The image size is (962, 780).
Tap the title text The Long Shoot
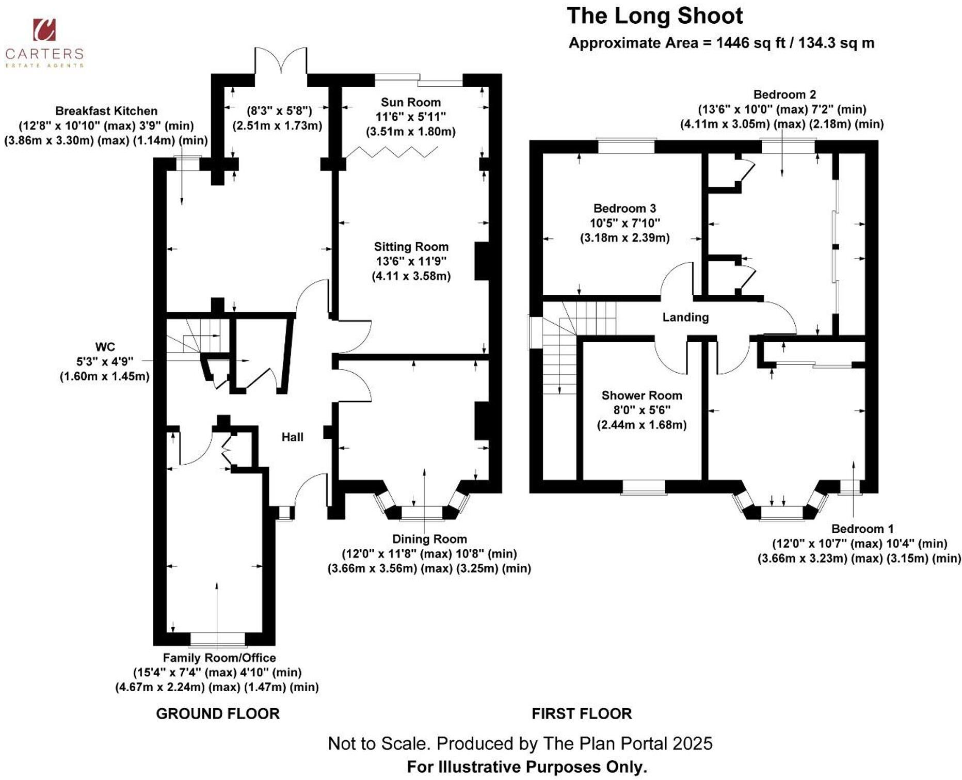click(654, 16)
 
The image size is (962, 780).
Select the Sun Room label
click(411, 102)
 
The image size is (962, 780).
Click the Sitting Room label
click(411, 247)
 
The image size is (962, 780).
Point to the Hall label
click(292, 437)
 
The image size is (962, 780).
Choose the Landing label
click(685, 317)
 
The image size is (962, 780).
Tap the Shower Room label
click(642, 395)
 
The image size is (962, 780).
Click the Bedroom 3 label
click(624, 209)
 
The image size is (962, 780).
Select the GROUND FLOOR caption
click(218, 714)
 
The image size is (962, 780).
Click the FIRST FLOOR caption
click(582, 714)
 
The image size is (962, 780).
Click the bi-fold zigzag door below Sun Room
click(392, 152)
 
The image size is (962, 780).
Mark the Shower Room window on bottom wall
click(643, 486)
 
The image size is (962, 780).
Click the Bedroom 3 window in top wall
click(626, 146)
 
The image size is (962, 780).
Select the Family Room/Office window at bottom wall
click(217, 640)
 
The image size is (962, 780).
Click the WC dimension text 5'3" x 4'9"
click(105, 361)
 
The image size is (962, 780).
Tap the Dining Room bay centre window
click(422, 512)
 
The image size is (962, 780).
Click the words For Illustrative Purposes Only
click(527, 767)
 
